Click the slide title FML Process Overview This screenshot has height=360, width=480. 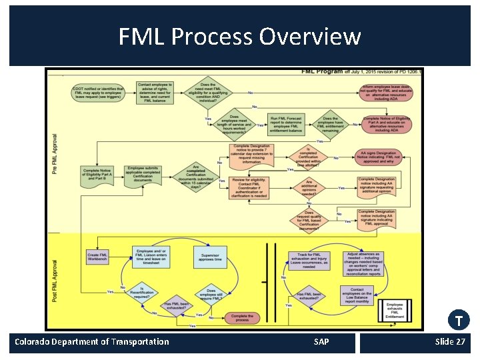[x=239, y=36]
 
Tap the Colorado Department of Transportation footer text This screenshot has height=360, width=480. [x=92, y=342]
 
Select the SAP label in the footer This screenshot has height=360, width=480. [x=321, y=342]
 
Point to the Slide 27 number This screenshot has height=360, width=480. [x=450, y=342]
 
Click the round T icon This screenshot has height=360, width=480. [x=459, y=321]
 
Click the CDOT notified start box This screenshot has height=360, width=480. [x=98, y=93]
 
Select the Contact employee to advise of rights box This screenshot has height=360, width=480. [x=155, y=93]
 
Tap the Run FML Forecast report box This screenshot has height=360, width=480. [x=286, y=123]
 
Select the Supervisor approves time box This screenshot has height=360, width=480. [x=211, y=257]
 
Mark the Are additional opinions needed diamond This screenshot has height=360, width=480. [x=309, y=187]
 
